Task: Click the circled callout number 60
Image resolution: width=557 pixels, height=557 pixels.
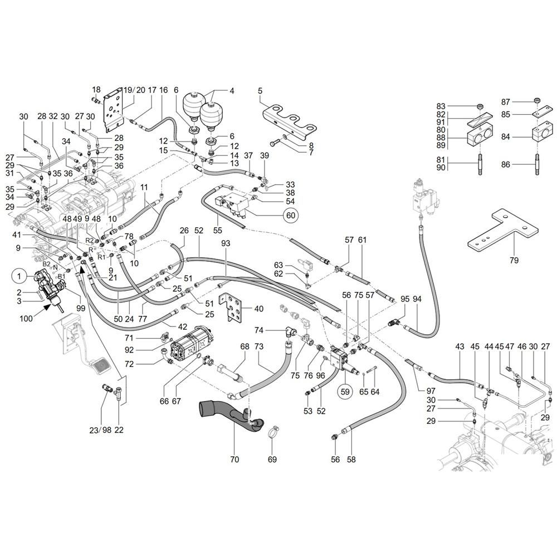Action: pos(291,215)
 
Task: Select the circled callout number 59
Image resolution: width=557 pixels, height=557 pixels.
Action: pos(345,392)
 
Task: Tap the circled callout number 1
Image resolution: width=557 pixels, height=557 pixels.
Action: pos(19,276)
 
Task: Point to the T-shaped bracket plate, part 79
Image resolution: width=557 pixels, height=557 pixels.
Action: pos(502,230)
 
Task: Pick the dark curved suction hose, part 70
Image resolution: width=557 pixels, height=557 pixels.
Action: pos(231,416)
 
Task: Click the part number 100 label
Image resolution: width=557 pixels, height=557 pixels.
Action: pos(26,318)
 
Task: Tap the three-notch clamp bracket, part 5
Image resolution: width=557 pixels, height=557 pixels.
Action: pos(290,122)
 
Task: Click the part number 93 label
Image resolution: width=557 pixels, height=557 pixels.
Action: pos(225,243)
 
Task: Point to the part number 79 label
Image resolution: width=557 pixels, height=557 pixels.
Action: pos(514,260)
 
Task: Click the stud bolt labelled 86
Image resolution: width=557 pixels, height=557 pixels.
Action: pos(536,164)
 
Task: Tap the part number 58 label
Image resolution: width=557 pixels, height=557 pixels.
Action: pos(351,460)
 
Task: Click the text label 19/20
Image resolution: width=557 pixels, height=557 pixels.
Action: pos(134,90)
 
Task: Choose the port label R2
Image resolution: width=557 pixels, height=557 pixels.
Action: pos(90,241)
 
